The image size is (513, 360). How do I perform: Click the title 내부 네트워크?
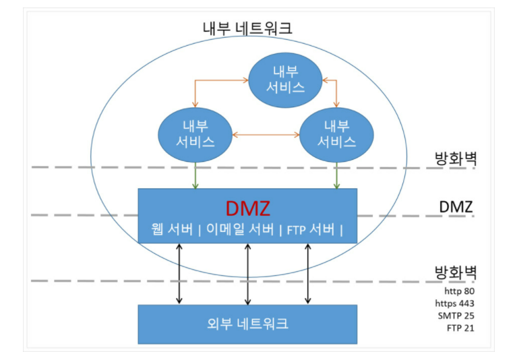pyautogui.click(x=247, y=28)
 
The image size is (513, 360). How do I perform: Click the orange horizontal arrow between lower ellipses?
pyautogui.click(x=266, y=135)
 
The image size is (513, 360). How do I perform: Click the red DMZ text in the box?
pyautogui.click(x=247, y=208)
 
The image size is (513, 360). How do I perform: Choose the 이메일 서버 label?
pyautogui.click(x=246, y=230)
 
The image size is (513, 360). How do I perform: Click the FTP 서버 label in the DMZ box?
pyautogui.click(x=311, y=230)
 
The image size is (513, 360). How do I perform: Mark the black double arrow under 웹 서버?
pyautogui.click(x=179, y=274)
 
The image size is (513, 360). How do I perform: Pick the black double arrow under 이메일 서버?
pyautogui.click(x=247, y=274)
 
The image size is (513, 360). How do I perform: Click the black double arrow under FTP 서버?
pyautogui.click(x=308, y=274)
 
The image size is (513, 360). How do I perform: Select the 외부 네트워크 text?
pyautogui.click(x=247, y=324)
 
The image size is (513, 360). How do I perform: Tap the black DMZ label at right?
pyautogui.click(x=455, y=205)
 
